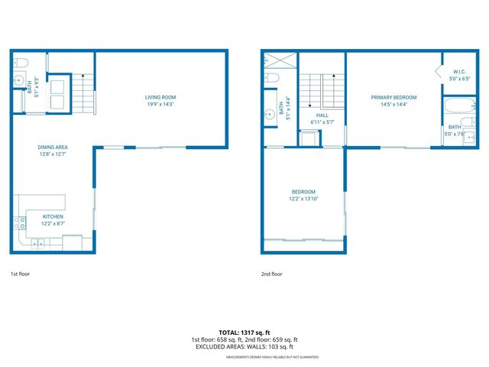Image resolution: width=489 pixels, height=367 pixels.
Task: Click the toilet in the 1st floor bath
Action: (21, 61)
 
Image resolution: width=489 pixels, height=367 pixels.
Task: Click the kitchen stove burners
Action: (20, 224)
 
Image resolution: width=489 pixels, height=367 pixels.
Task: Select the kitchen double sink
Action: (37, 244)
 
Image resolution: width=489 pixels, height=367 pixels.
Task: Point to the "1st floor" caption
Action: (20, 274)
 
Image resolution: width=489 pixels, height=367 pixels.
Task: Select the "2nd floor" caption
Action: (271, 274)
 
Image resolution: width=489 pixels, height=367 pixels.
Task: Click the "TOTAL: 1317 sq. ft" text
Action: (244, 333)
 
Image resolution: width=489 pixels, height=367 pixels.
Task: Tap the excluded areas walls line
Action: (244, 346)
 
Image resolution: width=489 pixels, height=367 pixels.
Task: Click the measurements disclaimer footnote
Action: (272, 357)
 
